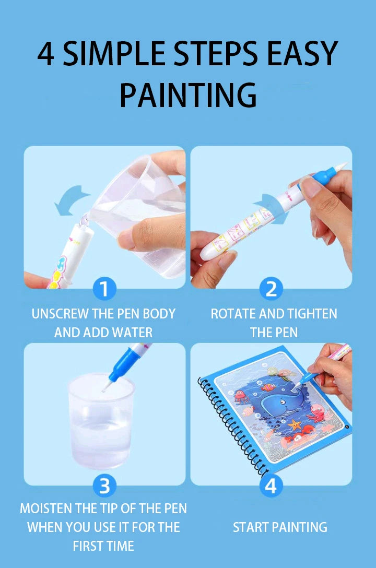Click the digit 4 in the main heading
46,54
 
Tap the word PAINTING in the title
188,94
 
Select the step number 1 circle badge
104,289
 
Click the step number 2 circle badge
271,289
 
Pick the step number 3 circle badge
104,486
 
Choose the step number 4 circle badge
271,486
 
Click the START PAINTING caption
280,527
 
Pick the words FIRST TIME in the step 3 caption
103,546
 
